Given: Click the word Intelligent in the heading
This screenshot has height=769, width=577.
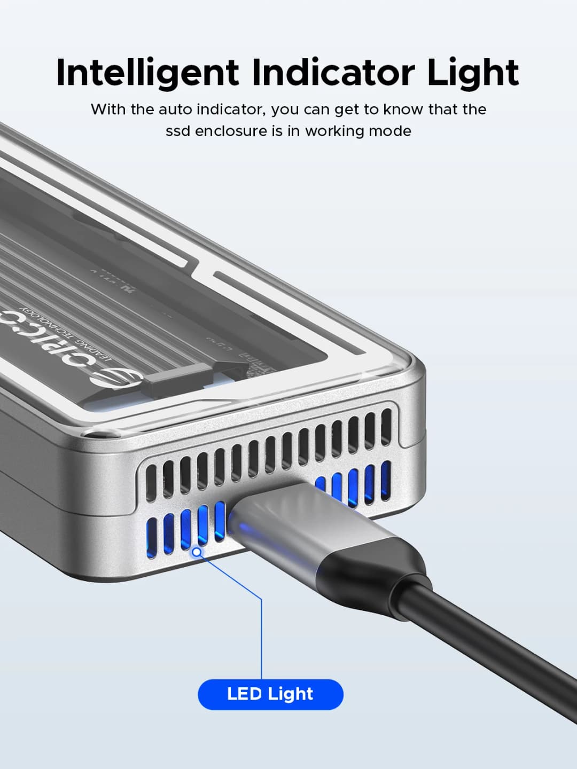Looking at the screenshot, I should (x=147, y=73).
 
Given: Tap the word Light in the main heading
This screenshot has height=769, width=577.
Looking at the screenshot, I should (x=473, y=73).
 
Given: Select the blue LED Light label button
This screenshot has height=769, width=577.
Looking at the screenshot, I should (x=270, y=694).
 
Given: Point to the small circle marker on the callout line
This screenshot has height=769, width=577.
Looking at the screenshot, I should (x=197, y=551).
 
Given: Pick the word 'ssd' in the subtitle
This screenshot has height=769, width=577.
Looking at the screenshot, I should (x=178, y=131).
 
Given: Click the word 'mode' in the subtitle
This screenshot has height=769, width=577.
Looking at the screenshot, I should (x=392, y=131).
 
